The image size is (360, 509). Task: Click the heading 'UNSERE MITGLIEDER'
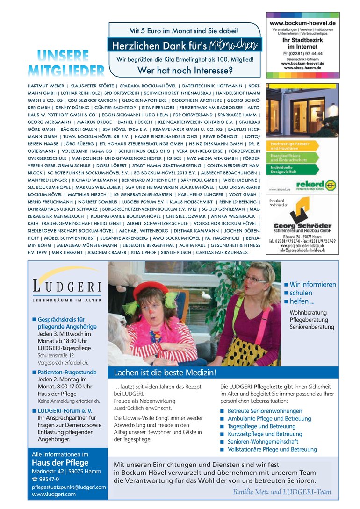click(x=65, y=63)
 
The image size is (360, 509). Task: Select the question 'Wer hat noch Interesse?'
click(x=185, y=71)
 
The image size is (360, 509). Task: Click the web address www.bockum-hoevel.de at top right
click(x=302, y=22)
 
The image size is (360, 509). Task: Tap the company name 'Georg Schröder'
click(x=302, y=226)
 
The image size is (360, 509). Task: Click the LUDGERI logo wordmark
click(x=67, y=286)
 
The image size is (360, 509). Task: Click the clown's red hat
click(x=151, y=288)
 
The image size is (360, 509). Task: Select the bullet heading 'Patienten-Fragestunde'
click(x=67, y=372)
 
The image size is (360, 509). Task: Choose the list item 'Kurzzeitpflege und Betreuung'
click(x=265, y=434)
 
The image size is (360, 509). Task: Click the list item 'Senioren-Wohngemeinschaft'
click(x=262, y=441)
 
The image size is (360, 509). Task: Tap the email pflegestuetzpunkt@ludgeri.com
click(x=69, y=487)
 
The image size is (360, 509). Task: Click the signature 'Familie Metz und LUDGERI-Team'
click(x=282, y=492)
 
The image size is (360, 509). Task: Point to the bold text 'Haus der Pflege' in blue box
click(x=60, y=463)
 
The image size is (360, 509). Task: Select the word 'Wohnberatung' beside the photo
click(x=308, y=312)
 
